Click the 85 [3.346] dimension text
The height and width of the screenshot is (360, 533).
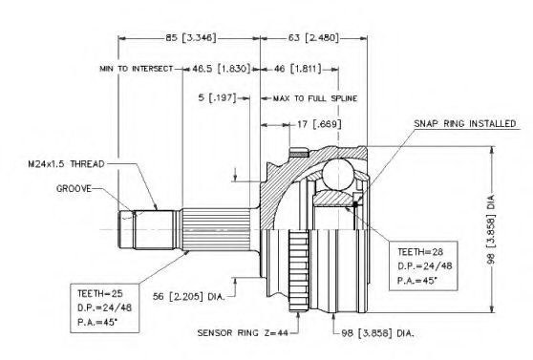point(191,37)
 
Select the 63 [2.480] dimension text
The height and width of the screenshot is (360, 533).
point(313,37)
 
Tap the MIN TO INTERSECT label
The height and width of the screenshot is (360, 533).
point(137,69)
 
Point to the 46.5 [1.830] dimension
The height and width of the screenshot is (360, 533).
point(222,69)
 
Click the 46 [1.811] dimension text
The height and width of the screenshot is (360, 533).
point(297,69)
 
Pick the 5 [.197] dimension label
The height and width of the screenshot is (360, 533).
point(217,98)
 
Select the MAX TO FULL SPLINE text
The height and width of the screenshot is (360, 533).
point(315,98)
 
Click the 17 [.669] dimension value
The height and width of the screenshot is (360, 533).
point(319,124)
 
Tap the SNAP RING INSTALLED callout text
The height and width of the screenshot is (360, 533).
point(464,123)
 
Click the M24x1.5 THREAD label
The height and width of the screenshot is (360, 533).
point(66,164)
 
